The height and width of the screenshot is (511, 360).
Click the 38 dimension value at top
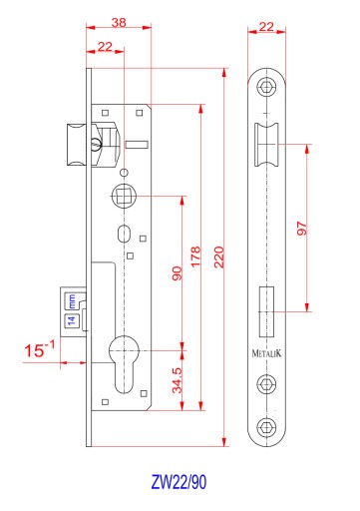click(119, 22)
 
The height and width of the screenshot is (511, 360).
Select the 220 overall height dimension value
click(219, 257)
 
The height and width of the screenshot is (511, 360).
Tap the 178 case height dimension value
click(195, 256)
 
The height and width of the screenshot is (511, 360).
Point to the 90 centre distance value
click(178, 273)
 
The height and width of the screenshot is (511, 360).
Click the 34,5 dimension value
click(178, 380)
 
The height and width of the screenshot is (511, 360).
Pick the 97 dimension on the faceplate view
click(302, 229)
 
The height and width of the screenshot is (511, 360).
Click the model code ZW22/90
click(179, 482)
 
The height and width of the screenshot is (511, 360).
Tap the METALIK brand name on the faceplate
click(266, 353)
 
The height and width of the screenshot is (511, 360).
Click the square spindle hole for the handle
click(124, 196)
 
